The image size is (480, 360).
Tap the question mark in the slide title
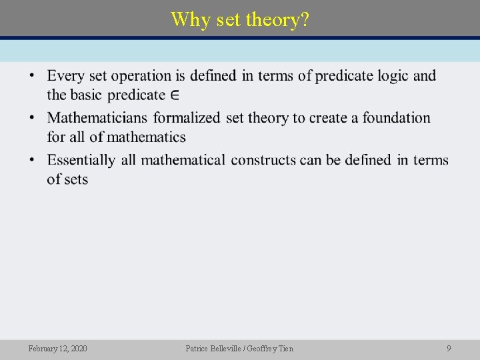click(x=305, y=19)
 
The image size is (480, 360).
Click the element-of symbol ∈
click(x=175, y=95)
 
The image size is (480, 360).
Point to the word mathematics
click(x=146, y=137)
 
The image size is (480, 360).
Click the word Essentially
click(x=81, y=160)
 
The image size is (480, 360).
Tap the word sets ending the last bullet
click(x=76, y=179)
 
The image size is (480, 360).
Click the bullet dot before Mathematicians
click(x=32, y=119)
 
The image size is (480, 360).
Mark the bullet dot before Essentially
click(x=32, y=161)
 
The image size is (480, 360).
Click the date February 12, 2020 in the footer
click(x=57, y=349)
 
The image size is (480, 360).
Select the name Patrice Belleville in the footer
click(x=214, y=349)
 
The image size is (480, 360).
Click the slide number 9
click(x=449, y=349)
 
